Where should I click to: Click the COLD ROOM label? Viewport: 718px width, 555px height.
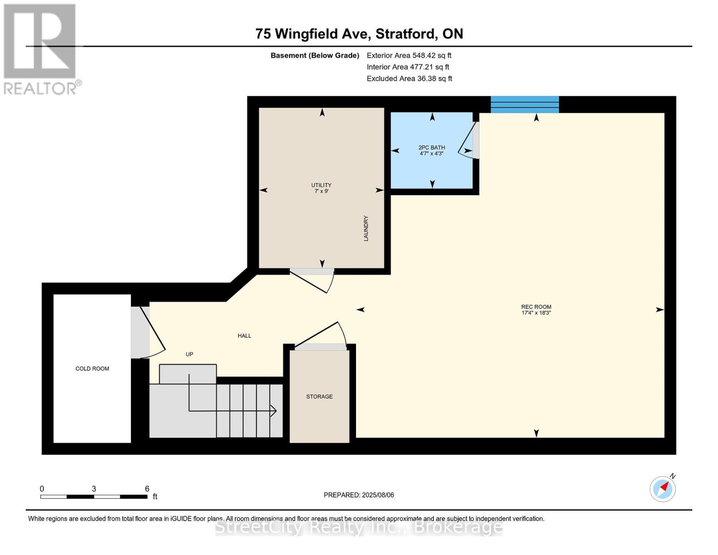pos(92,369)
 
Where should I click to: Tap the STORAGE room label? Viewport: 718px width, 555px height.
pos(319,396)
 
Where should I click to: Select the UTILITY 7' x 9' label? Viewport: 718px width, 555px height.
pos(321,188)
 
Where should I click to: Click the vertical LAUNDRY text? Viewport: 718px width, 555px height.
pos(366,228)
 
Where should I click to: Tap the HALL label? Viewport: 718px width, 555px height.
pos(244,336)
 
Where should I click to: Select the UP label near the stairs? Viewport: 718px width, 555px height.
pos(189,354)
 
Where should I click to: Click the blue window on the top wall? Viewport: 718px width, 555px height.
pos(525,105)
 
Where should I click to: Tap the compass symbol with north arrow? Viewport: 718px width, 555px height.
pos(663,488)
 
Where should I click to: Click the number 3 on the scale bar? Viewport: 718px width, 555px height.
pos(94,489)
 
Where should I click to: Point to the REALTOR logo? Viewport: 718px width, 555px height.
pos(41,49)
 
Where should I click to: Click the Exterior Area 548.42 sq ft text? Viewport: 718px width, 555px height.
pos(409,55)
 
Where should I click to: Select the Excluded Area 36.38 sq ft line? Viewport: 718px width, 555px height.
pos(409,79)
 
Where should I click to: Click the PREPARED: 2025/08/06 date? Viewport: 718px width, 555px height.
pos(359,495)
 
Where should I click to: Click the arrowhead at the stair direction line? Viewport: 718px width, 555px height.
pos(274,411)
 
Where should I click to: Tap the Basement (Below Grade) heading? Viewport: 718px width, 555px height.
pos(314,55)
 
